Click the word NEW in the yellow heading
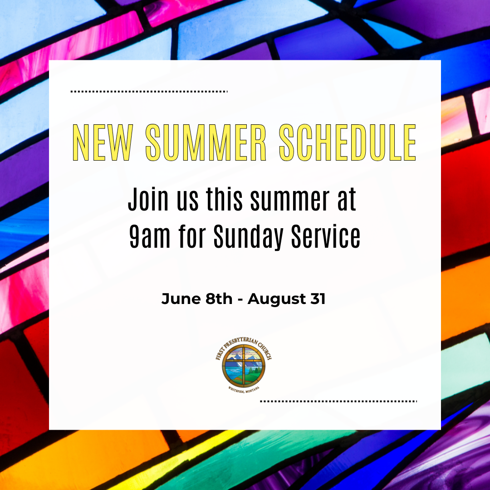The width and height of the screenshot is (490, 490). (103, 142)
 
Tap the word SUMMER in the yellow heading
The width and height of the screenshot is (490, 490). (206, 142)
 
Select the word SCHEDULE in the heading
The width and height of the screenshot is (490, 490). (348, 142)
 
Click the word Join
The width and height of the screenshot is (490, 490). (148, 199)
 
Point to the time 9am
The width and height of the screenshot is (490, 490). (150, 236)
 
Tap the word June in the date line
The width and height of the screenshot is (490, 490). (181, 299)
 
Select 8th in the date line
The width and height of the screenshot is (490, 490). (219, 299)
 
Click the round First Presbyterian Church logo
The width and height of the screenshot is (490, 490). (244, 364)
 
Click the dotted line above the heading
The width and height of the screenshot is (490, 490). (149, 92)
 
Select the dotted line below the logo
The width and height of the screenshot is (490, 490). (338, 401)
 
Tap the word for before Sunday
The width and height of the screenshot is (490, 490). (192, 236)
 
